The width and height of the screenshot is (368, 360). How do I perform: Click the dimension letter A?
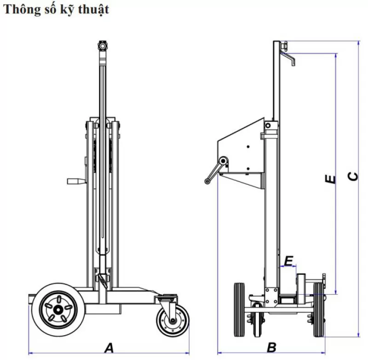pos(109,346)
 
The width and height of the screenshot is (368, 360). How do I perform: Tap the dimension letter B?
pos(271,346)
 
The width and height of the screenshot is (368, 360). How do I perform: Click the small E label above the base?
pos(288,261)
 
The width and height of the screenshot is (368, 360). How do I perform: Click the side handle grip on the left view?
pos(74,181)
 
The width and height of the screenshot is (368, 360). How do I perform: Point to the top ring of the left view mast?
pos(102,46)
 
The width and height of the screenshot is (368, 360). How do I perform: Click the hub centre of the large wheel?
pos(58,307)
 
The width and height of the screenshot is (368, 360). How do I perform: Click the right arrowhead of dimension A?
pos(187,353)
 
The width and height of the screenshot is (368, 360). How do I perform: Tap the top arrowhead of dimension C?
pos(359,43)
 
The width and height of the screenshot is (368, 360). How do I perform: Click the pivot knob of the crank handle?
pos(224,161)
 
